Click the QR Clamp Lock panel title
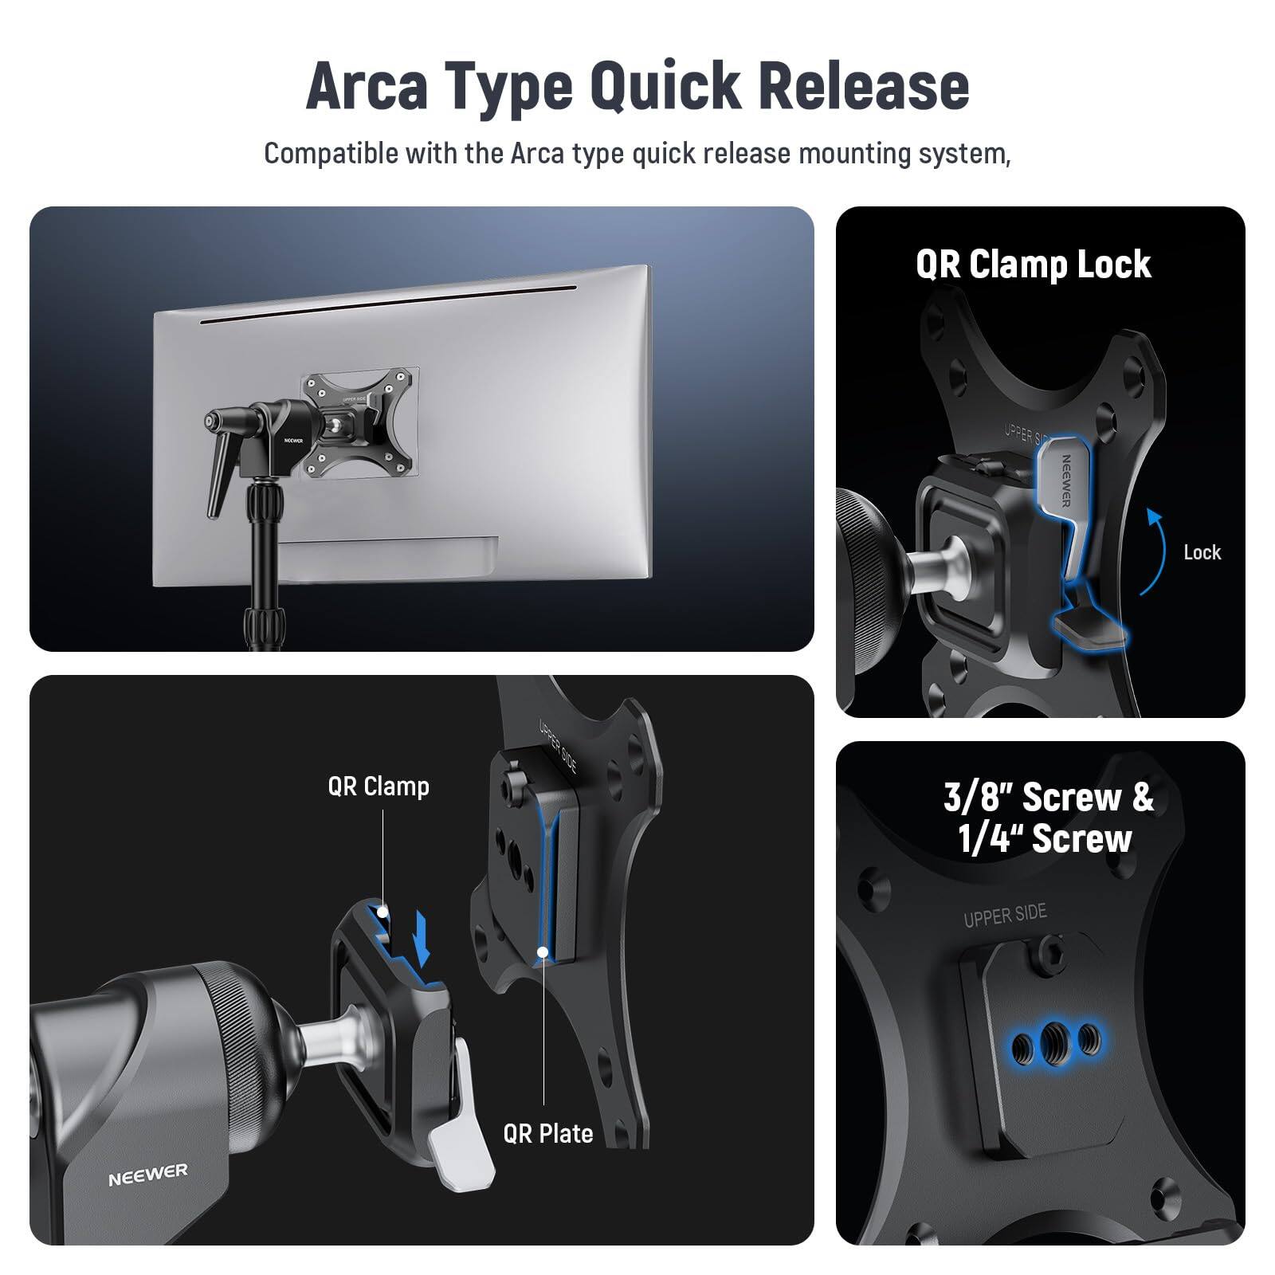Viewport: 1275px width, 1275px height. point(1033,265)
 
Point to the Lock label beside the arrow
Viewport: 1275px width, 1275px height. point(1202,552)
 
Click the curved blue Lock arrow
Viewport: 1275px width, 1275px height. point(1154,550)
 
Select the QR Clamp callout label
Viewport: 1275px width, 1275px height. point(379,787)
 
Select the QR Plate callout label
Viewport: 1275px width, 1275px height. point(548,1133)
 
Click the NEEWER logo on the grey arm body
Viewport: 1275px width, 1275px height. point(148,1174)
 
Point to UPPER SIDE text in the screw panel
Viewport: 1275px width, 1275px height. point(1005,916)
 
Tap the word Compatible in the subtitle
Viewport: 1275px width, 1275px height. point(330,153)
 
